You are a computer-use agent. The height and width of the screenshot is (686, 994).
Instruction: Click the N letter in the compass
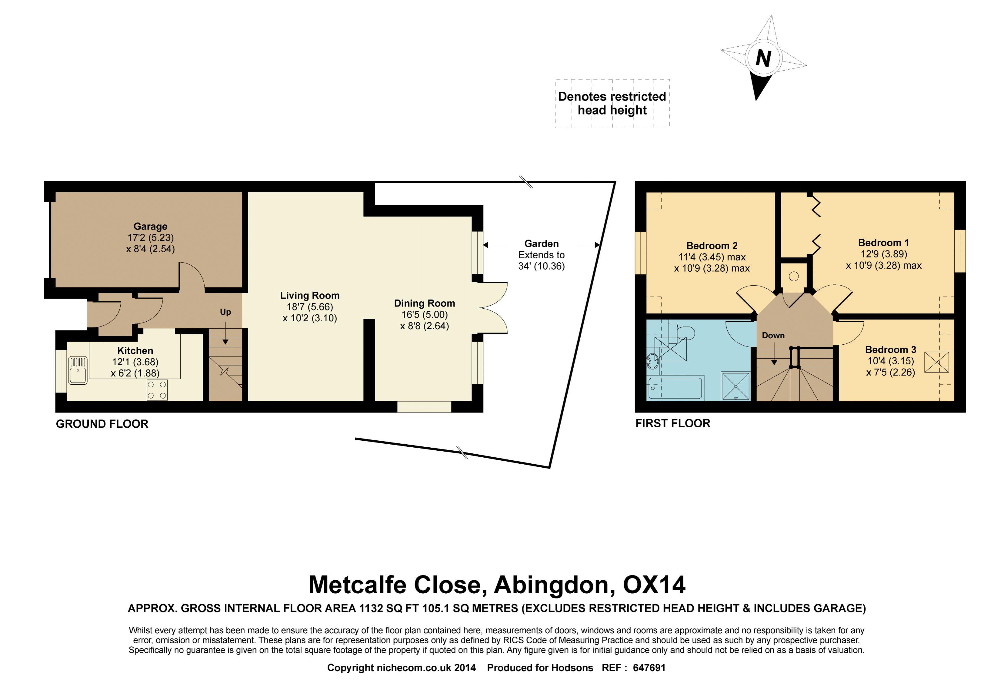[763, 58]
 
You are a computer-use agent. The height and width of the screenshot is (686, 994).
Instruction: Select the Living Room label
[310, 295]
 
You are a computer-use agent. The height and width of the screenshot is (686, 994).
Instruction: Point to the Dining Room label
[425, 303]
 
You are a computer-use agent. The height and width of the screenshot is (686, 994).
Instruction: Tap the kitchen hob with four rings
[157, 389]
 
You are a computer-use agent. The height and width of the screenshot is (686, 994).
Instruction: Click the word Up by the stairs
[225, 312]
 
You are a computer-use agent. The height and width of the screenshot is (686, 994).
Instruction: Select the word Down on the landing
[773, 335]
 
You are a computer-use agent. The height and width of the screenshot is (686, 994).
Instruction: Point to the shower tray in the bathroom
[736, 386]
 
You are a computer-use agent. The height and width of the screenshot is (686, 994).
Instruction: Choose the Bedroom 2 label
[712, 246]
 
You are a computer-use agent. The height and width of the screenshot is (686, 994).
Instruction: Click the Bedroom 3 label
[890, 350]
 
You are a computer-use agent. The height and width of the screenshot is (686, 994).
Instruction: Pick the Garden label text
[542, 244]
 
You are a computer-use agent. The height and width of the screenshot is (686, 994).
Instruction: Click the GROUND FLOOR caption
[102, 424]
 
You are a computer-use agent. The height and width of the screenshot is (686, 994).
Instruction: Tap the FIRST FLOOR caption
[673, 423]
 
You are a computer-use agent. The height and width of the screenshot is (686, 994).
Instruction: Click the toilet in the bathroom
[684, 333]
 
